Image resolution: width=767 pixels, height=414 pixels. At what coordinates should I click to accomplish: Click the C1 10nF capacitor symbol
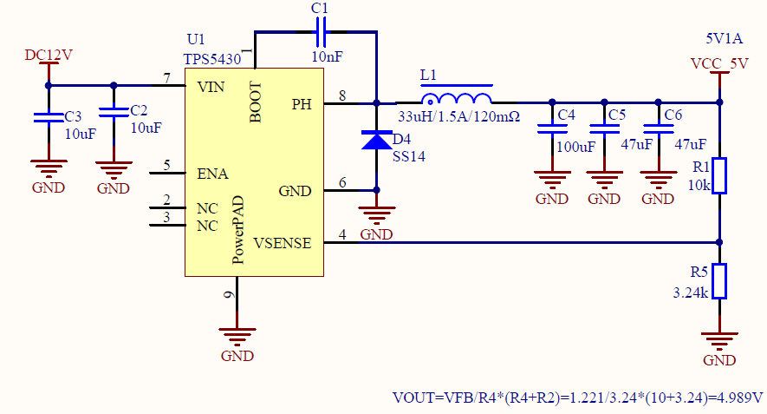tap(321, 34)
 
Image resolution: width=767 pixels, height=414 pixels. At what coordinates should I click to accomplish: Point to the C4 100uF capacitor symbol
tap(547, 130)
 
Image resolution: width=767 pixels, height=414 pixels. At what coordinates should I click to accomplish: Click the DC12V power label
tap(48, 55)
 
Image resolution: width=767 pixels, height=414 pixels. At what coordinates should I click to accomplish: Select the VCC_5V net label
tap(718, 63)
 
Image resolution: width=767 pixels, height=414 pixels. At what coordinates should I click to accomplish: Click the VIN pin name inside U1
tap(211, 86)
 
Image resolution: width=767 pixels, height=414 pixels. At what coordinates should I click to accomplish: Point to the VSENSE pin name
tap(283, 243)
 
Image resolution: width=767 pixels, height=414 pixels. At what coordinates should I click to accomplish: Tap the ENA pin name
tap(212, 174)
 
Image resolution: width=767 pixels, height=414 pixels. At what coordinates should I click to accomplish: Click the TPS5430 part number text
tap(214, 58)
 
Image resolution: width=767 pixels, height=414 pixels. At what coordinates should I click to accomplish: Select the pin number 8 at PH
tap(342, 96)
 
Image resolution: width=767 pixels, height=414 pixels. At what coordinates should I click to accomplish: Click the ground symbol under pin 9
tap(236, 334)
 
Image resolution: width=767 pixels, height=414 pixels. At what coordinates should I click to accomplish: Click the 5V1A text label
tap(725, 38)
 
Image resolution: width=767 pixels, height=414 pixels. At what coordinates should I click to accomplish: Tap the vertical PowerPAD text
tap(239, 230)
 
